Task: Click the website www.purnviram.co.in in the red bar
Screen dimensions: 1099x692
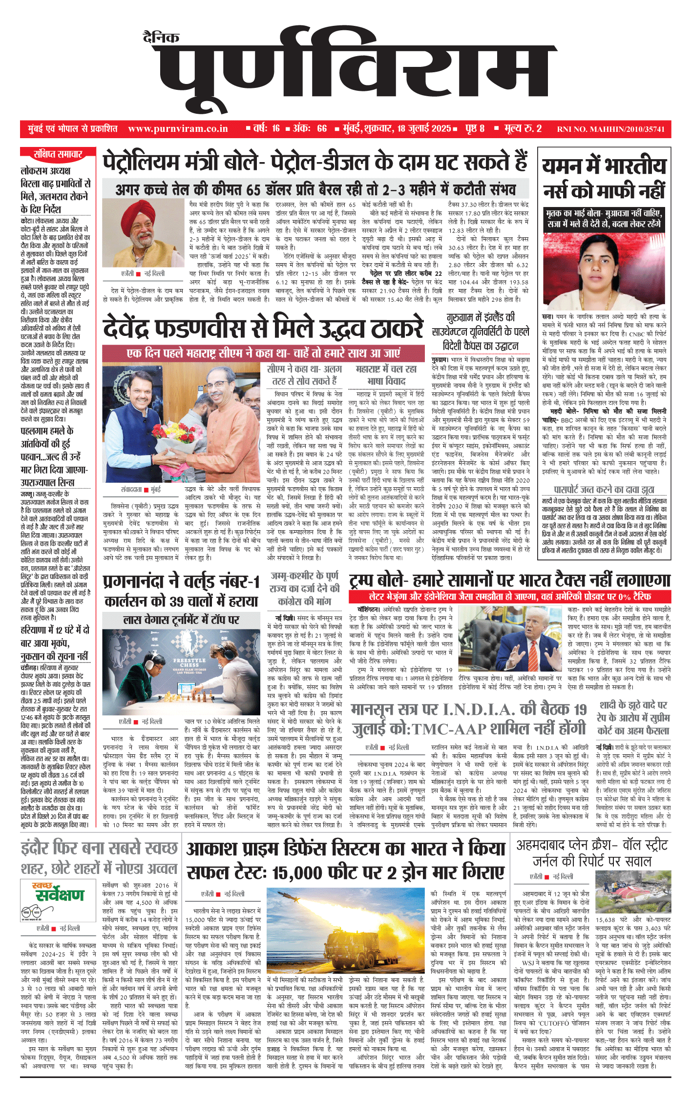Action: pyautogui.click(x=178, y=129)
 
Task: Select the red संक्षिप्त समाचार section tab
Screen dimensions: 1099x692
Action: pyautogui.click(x=58, y=154)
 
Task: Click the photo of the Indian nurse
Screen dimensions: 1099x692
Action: pyautogui.click(x=605, y=269)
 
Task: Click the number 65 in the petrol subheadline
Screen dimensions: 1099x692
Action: pyautogui.click(x=254, y=190)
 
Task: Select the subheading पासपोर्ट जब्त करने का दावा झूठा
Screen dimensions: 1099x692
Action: pyautogui.click(x=604, y=490)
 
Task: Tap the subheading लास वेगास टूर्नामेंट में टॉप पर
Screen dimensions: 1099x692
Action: pyautogui.click(x=181, y=620)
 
